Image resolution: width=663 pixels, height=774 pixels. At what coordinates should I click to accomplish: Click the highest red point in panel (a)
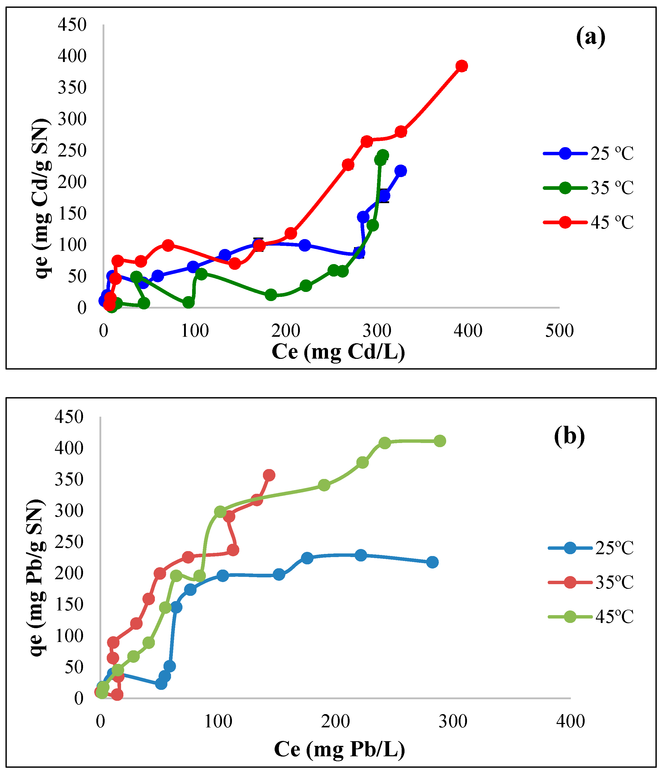pyautogui.click(x=462, y=66)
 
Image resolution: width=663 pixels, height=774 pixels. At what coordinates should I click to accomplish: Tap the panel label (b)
pyautogui.click(x=569, y=435)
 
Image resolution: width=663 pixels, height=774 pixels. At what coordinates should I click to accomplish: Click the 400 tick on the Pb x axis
pyautogui.click(x=570, y=722)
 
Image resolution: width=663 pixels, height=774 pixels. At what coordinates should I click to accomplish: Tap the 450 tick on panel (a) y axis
pyautogui.click(x=72, y=25)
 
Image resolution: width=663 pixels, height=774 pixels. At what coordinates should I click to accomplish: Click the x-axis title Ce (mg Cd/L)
pyautogui.click(x=338, y=352)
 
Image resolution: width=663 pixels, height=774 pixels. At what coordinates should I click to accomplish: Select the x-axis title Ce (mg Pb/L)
pyautogui.click(x=339, y=749)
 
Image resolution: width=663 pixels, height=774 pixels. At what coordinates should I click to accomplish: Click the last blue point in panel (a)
pyautogui.click(x=401, y=171)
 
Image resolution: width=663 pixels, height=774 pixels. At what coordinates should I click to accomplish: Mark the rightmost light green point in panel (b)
pyautogui.click(x=440, y=441)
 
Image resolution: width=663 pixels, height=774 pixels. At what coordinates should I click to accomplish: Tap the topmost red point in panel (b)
pyautogui.click(x=269, y=475)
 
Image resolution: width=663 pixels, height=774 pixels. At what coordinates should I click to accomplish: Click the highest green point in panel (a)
pyautogui.click(x=383, y=155)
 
